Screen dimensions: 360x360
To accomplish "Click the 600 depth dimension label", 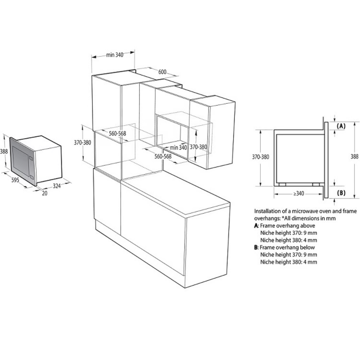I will click(162, 72).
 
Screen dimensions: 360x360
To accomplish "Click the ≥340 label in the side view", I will click(298, 194).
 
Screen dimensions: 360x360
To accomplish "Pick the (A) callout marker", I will click(341, 126).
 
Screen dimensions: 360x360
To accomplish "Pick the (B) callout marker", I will click(341, 193).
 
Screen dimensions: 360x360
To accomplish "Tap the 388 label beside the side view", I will click(355, 157).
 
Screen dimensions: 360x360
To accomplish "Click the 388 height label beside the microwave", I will click(4, 152).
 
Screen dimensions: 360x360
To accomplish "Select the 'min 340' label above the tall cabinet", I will click(115, 55).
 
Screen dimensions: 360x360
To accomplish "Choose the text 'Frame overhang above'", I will click(287, 226).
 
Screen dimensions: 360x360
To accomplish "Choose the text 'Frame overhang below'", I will click(287, 247).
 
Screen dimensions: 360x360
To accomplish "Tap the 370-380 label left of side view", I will click(260, 157).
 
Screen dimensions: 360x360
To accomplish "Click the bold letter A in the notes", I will click(256, 226).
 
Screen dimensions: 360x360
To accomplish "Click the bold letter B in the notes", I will click(256, 247).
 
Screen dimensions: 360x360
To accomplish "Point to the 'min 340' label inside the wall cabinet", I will click(178, 148).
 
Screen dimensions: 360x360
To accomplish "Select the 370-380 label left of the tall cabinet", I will click(82, 143).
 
